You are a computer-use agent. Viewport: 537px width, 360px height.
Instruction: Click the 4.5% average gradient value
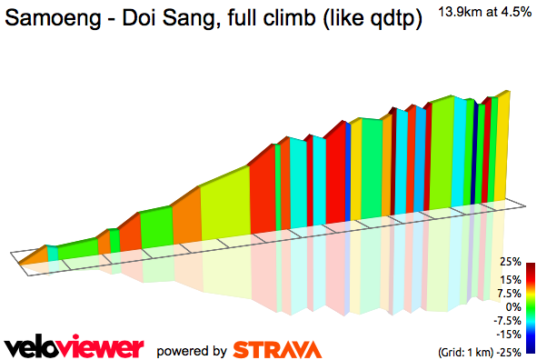coord(515,11)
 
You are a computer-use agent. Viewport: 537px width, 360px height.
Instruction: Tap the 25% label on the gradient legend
coord(510,262)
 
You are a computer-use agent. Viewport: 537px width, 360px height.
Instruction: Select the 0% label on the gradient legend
coord(513,307)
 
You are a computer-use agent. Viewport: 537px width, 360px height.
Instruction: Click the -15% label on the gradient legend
coord(509,335)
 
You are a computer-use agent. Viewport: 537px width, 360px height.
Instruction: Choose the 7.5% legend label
coord(509,294)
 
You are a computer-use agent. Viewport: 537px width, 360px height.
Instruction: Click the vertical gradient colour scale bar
coord(530,307)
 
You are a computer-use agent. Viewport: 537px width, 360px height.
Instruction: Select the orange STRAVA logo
coord(276,349)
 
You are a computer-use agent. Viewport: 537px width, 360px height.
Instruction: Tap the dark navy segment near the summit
coord(474,150)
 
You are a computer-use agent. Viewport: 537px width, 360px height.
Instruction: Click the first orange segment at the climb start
coord(32,254)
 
